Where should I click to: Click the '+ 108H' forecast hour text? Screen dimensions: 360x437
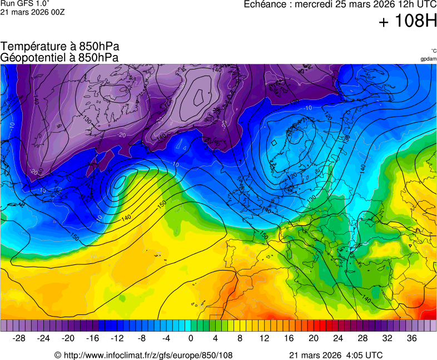point(408,21)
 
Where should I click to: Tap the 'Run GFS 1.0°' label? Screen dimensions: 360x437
point(25,3)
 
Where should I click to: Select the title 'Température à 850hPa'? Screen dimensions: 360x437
point(60,47)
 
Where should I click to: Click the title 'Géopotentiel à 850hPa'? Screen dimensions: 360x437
point(60,57)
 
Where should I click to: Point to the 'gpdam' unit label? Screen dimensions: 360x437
point(428,59)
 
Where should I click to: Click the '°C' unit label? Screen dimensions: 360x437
point(433,51)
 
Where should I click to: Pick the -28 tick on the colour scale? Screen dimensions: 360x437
point(19,338)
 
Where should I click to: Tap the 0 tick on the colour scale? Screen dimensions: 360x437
point(191,338)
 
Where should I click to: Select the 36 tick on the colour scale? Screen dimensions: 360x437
point(411,338)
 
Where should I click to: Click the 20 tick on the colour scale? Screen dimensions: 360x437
point(313,338)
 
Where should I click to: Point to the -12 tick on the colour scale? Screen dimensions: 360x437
point(117,338)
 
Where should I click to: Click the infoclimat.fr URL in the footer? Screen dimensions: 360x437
point(143,355)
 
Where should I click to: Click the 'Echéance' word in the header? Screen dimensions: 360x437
point(266,4)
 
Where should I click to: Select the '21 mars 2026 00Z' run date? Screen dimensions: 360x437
point(32,12)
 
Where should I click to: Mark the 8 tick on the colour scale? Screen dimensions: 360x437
point(240,338)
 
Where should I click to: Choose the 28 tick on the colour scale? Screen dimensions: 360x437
point(362,338)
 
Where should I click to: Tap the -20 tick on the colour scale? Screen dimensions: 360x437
point(68,338)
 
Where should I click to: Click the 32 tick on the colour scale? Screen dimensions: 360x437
point(387,338)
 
